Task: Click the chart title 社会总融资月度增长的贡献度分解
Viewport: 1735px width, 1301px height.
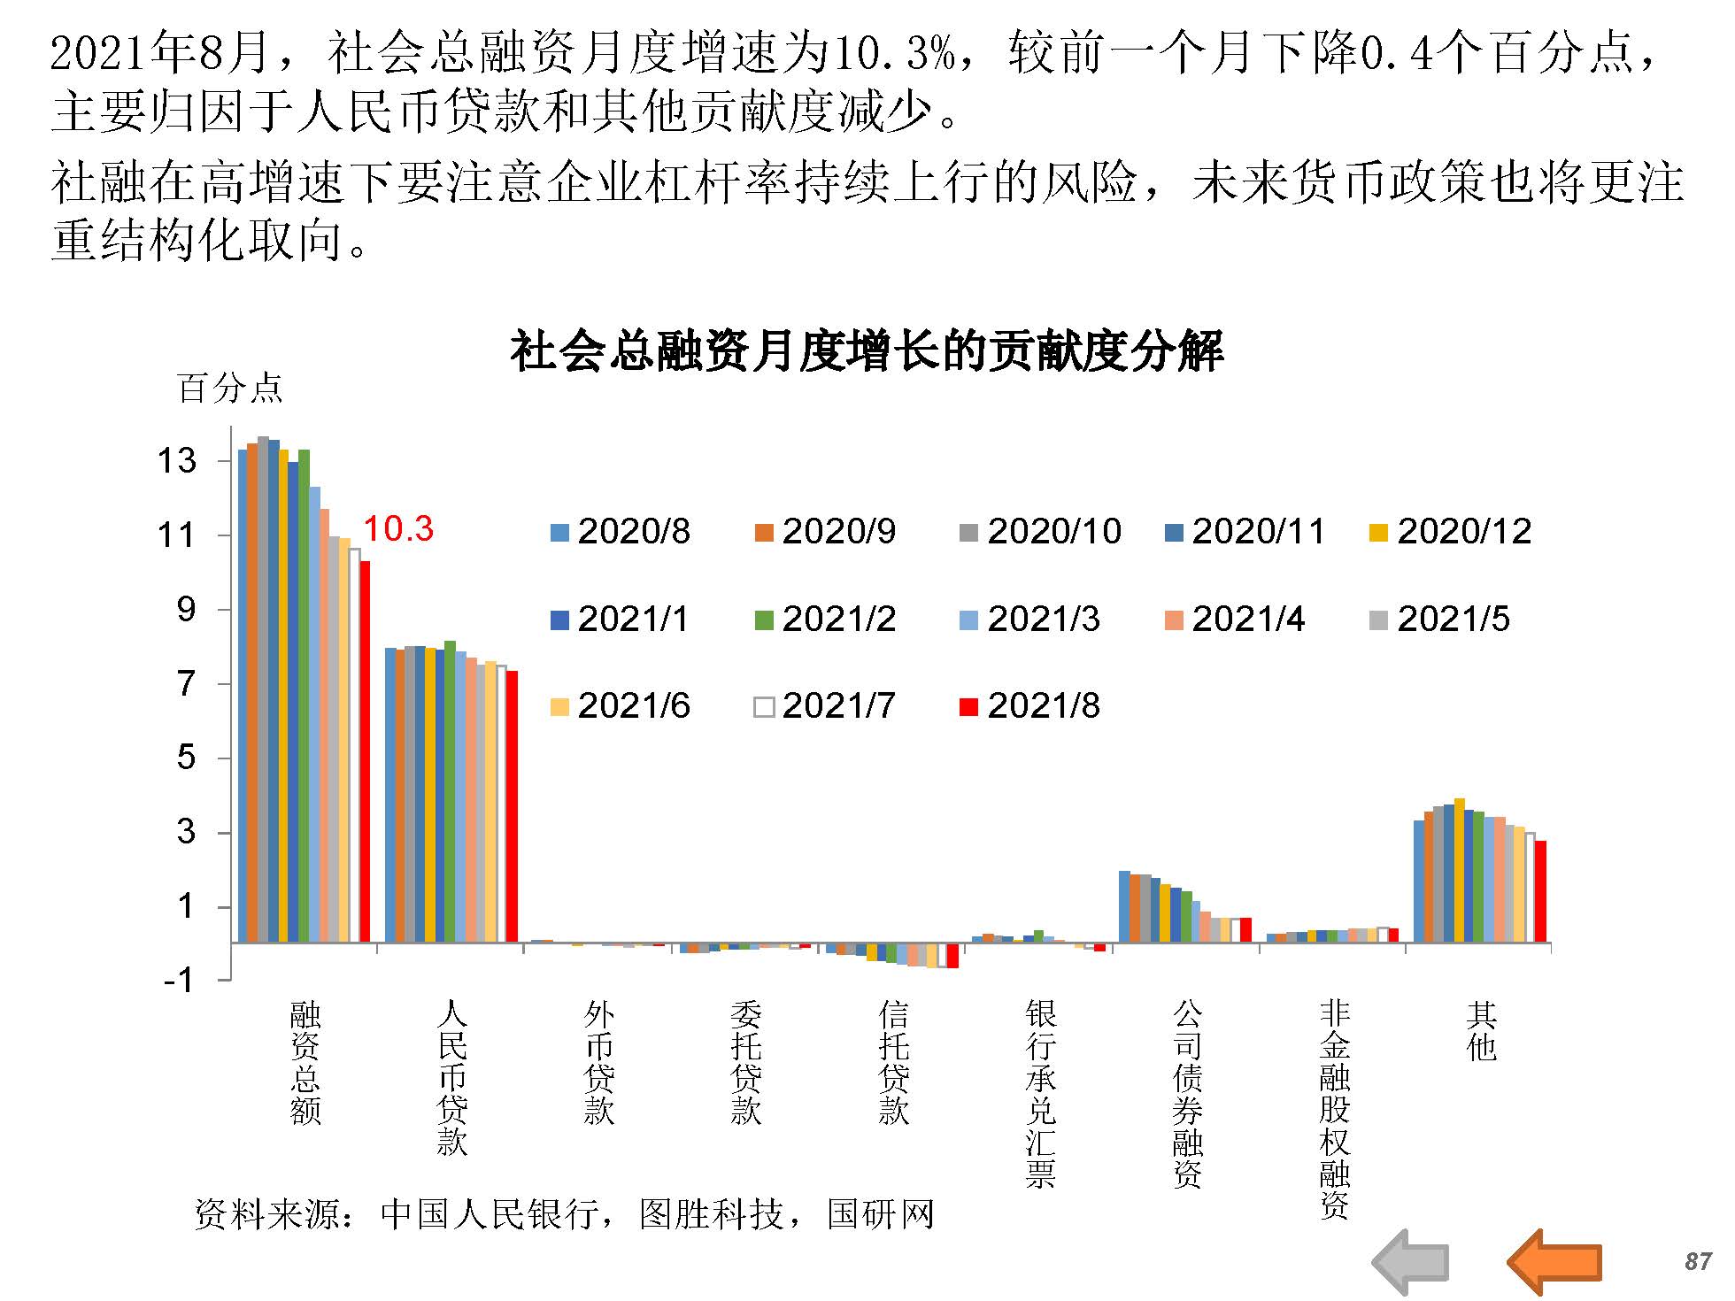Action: (x=867, y=351)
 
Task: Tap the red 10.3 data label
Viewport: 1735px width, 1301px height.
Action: (x=398, y=529)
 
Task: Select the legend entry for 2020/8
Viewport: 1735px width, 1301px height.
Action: (x=621, y=532)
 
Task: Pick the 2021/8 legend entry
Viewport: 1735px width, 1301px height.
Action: (x=1030, y=706)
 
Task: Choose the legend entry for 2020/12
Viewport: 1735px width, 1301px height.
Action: (x=1451, y=532)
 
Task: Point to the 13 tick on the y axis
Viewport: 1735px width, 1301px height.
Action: (x=177, y=460)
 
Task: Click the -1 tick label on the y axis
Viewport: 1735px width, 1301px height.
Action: (x=178, y=980)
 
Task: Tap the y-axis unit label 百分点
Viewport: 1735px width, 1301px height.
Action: (x=230, y=389)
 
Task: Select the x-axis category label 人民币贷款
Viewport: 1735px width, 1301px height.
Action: (x=451, y=1077)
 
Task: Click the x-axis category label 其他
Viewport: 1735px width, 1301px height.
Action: (x=1482, y=1031)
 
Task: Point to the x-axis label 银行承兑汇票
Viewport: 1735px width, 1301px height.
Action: (x=1041, y=1093)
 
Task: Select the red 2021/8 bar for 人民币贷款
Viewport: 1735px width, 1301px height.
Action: (x=512, y=805)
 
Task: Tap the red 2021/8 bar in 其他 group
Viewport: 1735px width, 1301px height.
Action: (x=1541, y=890)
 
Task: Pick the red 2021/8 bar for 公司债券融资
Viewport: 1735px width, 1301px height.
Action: (x=1246, y=929)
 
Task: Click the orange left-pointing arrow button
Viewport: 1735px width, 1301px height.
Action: (x=1554, y=1261)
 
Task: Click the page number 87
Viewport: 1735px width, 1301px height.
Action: (x=1698, y=1261)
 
